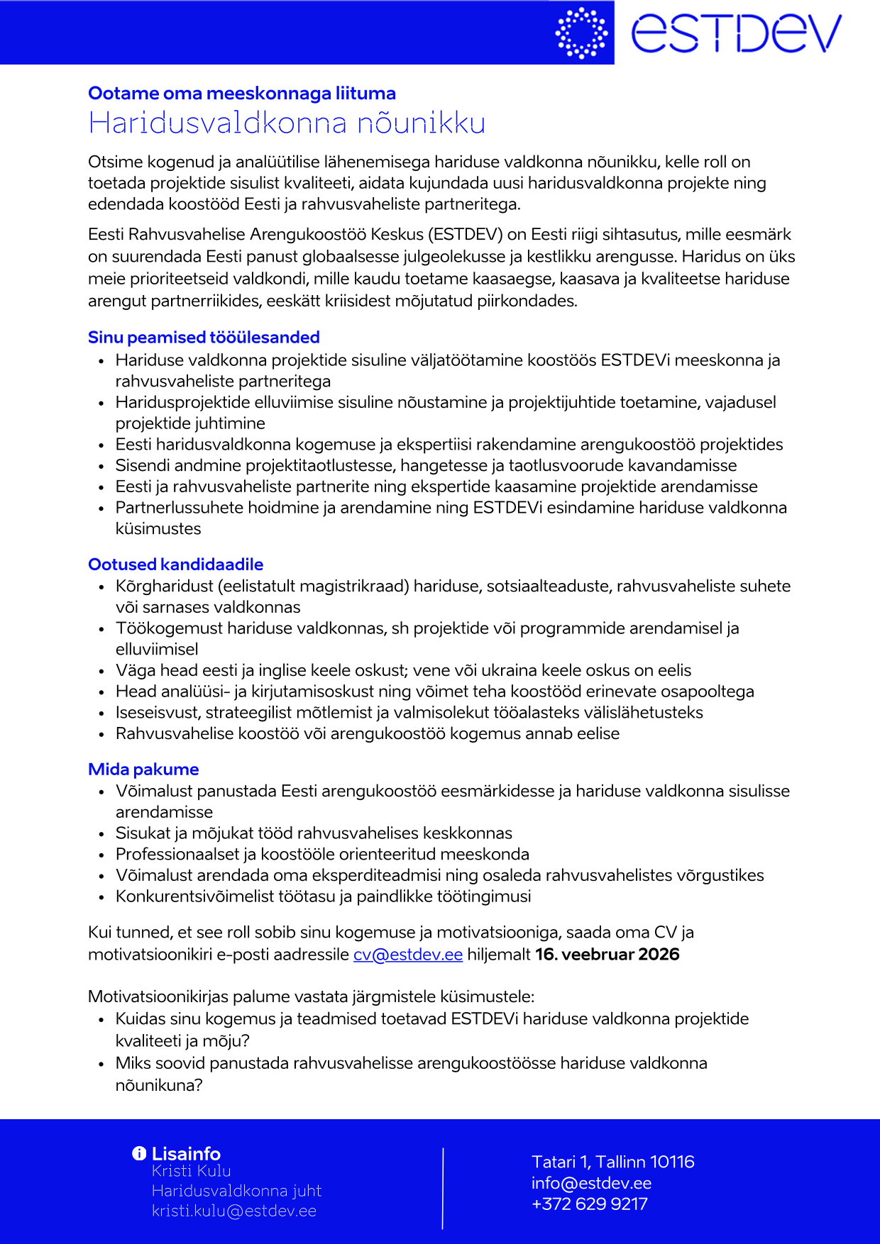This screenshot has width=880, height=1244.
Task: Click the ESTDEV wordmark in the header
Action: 736,33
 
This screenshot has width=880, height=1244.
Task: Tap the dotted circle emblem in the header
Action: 581,33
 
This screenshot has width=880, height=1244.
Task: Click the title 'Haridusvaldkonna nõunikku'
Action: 287,123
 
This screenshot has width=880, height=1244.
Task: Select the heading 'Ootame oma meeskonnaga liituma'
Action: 242,94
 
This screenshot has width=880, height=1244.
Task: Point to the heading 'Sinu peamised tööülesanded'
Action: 204,338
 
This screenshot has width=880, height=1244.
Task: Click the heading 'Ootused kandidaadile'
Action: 175,565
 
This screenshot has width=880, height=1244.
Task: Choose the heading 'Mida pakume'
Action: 143,770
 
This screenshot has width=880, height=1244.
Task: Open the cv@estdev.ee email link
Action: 408,955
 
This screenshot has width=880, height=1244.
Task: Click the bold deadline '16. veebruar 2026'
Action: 607,955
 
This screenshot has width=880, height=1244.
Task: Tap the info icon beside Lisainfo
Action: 139,1154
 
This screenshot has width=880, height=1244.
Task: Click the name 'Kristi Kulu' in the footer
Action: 192,1171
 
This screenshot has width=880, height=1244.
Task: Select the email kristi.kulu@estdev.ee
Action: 234,1211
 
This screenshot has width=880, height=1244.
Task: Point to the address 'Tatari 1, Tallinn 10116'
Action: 613,1162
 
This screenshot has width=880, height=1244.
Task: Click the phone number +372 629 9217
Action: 590,1204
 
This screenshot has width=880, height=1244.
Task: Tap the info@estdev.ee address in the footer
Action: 591,1183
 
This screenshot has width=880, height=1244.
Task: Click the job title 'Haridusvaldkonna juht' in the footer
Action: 236,1191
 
